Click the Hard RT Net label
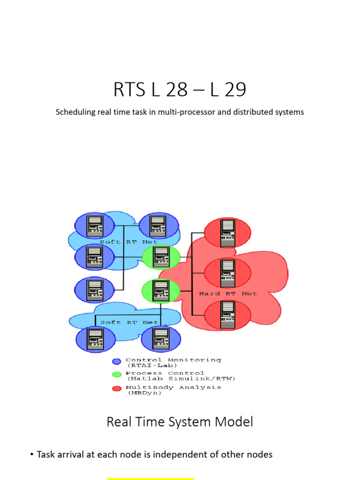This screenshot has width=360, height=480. [x=228, y=294]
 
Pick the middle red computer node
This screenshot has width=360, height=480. [x=228, y=273]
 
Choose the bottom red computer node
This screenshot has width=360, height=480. [x=228, y=315]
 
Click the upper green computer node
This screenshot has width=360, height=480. [x=161, y=257]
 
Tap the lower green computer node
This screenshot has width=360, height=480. [x=161, y=291]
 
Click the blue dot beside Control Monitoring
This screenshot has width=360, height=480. [x=117, y=361]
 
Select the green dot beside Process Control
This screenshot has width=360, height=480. [x=117, y=375]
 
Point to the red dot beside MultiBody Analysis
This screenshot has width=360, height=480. [x=117, y=389]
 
